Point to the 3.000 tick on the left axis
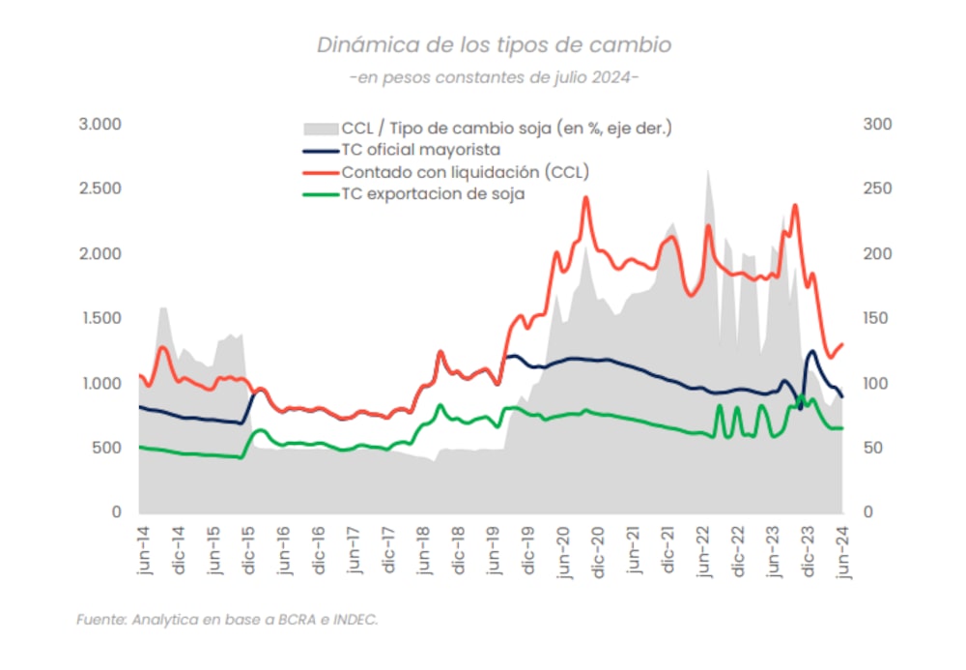click(x=99, y=125)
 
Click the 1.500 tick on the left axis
click(x=99, y=319)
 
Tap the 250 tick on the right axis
click(x=878, y=189)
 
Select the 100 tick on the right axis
click(x=878, y=384)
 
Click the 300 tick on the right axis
click(x=878, y=125)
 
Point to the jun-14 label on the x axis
click(x=143, y=552)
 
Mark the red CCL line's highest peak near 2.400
click(x=585, y=197)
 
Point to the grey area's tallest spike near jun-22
click(x=708, y=171)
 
